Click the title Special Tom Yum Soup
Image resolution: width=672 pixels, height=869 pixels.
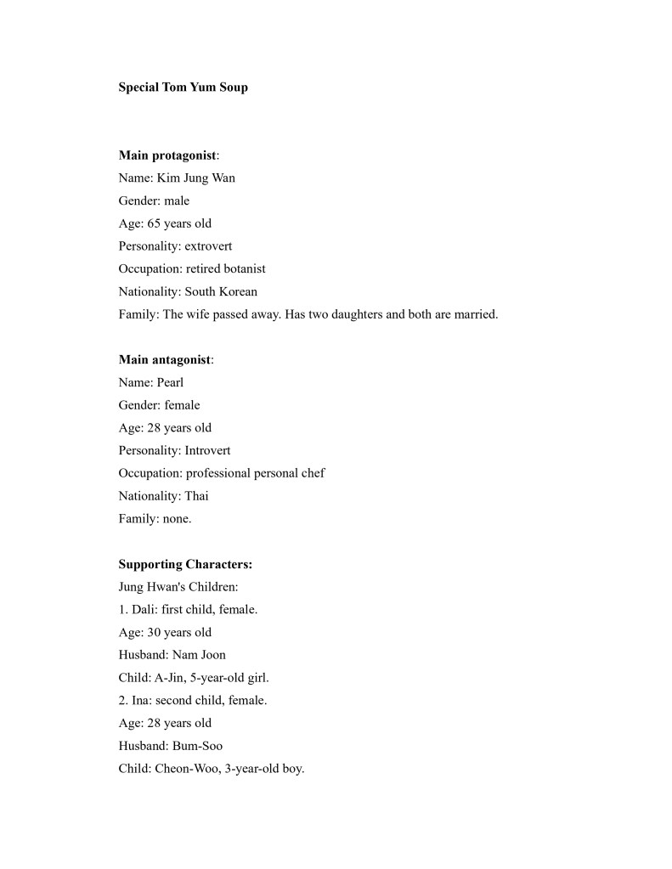pyautogui.click(x=183, y=87)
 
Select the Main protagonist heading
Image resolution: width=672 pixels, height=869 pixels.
pyautogui.click(x=167, y=155)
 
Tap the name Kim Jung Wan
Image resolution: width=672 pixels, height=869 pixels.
pyautogui.click(x=196, y=178)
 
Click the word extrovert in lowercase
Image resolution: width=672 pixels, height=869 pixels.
pyautogui.click(x=208, y=246)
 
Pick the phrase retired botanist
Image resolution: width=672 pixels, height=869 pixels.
pyautogui.click(x=226, y=268)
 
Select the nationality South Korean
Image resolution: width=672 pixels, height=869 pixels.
pyautogui.click(x=221, y=291)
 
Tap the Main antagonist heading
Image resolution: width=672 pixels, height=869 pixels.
pyautogui.click(x=164, y=359)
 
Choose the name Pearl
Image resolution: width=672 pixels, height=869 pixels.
pyautogui.click(x=170, y=382)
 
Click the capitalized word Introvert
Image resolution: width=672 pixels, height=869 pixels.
pyautogui.click(x=207, y=450)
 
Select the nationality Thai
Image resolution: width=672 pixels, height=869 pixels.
pyautogui.click(x=196, y=496)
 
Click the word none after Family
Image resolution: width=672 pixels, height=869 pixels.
pyautogui.click(x=177, y=519)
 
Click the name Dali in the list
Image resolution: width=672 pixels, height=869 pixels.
pyautogui.click(x=144, y=610)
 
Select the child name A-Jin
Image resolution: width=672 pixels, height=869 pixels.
pyautogui.click(x=172, y=678)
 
